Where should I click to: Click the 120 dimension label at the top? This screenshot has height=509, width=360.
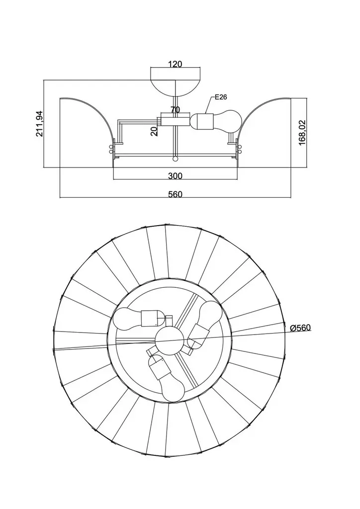point(175,64)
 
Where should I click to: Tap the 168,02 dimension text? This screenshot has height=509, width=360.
point(301,132)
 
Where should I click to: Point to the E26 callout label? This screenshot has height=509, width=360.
point(220,97)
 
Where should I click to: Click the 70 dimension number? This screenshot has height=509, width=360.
point(175,110)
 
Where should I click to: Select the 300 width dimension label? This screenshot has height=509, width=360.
point(175,175)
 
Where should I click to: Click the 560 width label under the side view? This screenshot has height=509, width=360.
point(175,194)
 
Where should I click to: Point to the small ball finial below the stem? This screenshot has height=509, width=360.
point(175,159)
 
